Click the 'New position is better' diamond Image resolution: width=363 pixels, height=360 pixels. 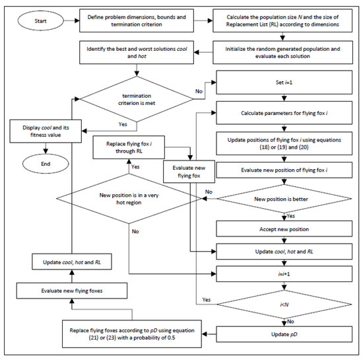284,199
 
